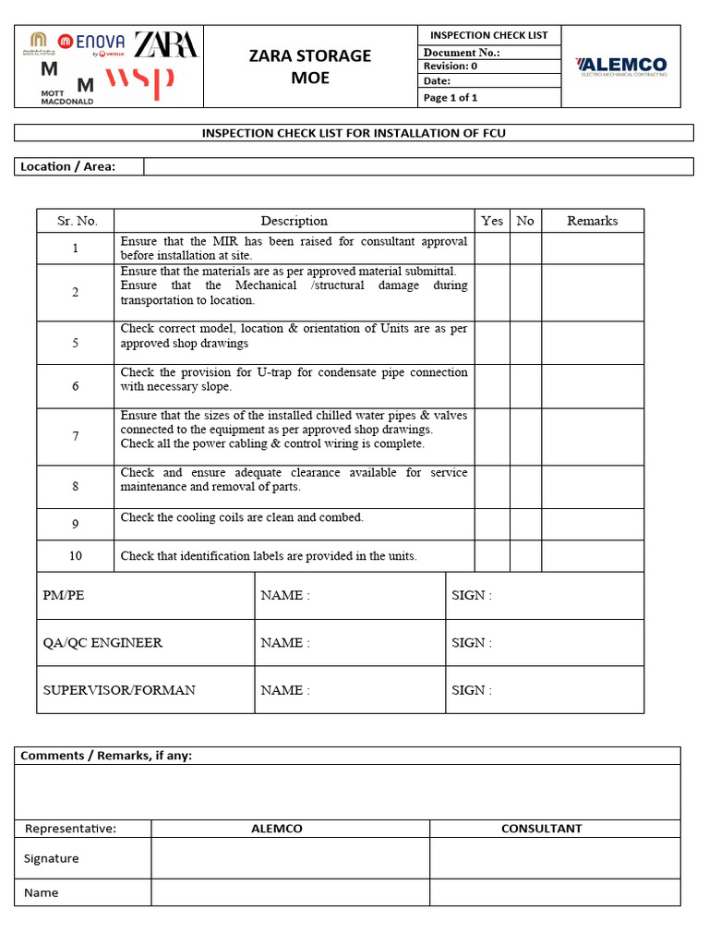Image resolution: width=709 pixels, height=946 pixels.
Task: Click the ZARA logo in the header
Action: (x=165, y=44)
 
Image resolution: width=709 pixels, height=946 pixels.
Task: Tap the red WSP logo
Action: (x=140, y=82)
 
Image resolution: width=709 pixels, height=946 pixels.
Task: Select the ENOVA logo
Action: (x=91, y=41)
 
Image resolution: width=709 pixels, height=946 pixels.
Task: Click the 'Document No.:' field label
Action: (x=462, y=53)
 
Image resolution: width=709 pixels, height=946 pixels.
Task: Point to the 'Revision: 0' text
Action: (x=451, y=67)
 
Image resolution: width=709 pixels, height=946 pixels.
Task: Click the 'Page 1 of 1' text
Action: (x=451, y=98)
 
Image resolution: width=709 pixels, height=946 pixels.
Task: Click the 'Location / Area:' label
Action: (x=67, y=166)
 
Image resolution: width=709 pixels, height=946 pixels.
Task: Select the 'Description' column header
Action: (x=294, y=221)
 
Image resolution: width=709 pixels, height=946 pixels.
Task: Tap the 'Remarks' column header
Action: (x=592, y=221)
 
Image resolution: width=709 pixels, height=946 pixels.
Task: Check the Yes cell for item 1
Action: (x=492, y=249)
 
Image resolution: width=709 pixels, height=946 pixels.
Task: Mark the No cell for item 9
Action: (x=524, y=525)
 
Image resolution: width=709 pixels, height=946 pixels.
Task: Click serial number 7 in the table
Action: (x=76, y=437)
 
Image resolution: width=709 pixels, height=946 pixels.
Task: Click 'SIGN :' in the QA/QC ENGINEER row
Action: (x=472, y=643)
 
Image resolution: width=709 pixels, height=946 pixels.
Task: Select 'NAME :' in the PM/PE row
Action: (x=285, y=596)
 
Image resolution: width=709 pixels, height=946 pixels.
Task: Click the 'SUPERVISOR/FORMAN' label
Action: (x=119, y=690)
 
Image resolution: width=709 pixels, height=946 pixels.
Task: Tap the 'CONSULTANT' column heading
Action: (x=541, y=829)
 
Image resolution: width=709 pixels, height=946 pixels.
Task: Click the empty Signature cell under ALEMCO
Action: (x=290, y=858)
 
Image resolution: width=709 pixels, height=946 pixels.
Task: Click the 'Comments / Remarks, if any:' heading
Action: (x=106, y=756)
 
